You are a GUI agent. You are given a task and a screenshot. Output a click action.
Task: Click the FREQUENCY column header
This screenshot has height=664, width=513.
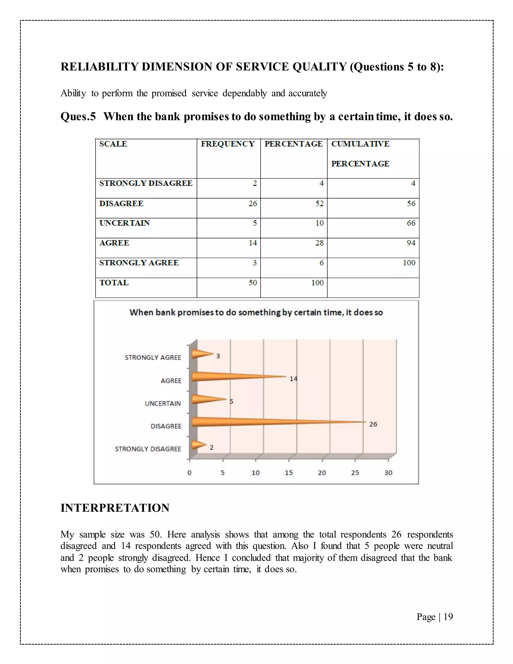coord(228,144)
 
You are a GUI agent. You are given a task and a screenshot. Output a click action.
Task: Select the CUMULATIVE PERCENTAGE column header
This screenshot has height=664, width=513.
coord(360,154)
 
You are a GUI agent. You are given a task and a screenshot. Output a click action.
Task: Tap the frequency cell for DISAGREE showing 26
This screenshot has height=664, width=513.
coord(252,203)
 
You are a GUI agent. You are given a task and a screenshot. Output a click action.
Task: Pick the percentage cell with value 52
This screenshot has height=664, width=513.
coord(319,203)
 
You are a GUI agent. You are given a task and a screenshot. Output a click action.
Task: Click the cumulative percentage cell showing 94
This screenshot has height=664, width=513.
coord(411,243)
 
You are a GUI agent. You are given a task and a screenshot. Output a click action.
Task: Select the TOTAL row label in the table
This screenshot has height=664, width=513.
coord(114,283)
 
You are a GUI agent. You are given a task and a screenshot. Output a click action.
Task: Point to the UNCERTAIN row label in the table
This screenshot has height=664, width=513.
coord(124,223)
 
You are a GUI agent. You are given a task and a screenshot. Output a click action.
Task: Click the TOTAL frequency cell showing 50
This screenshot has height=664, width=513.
coord(252,283)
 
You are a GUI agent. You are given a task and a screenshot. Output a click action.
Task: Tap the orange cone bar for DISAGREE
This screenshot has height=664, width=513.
coord(258,422)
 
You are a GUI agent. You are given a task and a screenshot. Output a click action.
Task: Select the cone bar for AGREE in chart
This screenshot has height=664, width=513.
coord(225,377)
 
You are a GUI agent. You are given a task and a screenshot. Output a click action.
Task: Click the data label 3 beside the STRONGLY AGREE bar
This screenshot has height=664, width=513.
coord(218,356)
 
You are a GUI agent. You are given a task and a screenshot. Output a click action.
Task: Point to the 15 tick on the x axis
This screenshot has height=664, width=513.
coord(289,473)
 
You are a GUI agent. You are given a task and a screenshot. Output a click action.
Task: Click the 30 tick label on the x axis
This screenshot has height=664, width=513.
coord(388,473)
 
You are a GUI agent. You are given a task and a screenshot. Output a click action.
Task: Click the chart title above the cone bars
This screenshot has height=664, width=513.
coord(256,312)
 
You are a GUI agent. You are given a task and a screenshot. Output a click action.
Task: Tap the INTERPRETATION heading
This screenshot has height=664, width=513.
coord(115,508)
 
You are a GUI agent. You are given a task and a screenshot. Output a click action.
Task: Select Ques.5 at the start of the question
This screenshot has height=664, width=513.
coord(78,117)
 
